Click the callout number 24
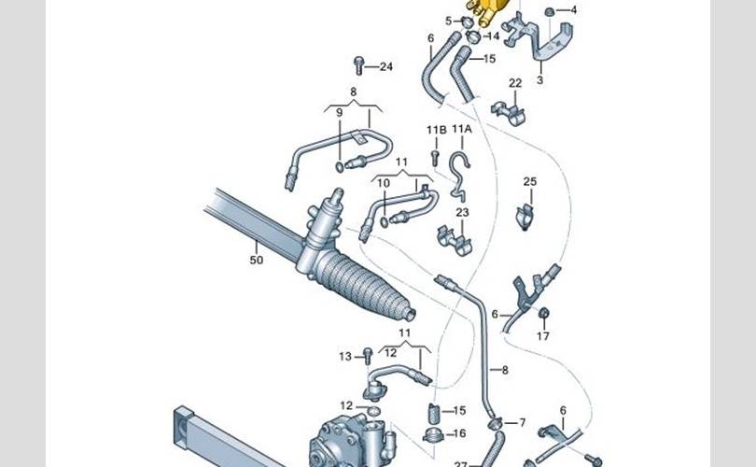(x=386, y=66)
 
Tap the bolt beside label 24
(x=358, y=65)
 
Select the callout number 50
(x=257, y=260)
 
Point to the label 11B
(x=437, y=130)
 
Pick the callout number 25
(x=530, y=182)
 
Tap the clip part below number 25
(x=525, y=217)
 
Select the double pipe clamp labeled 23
(x=454, y=240)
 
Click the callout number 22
(x=515, y=83)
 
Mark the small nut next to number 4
(x=549, y=11)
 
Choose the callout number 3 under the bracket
(x=540, y=80)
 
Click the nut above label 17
(x=544, y=313)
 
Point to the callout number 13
(x=345, y=357)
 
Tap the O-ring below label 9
(x=340, y=167)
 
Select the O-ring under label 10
(x=384, y=222)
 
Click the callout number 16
(x=459, y=433)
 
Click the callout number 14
(x=493, y=36)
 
